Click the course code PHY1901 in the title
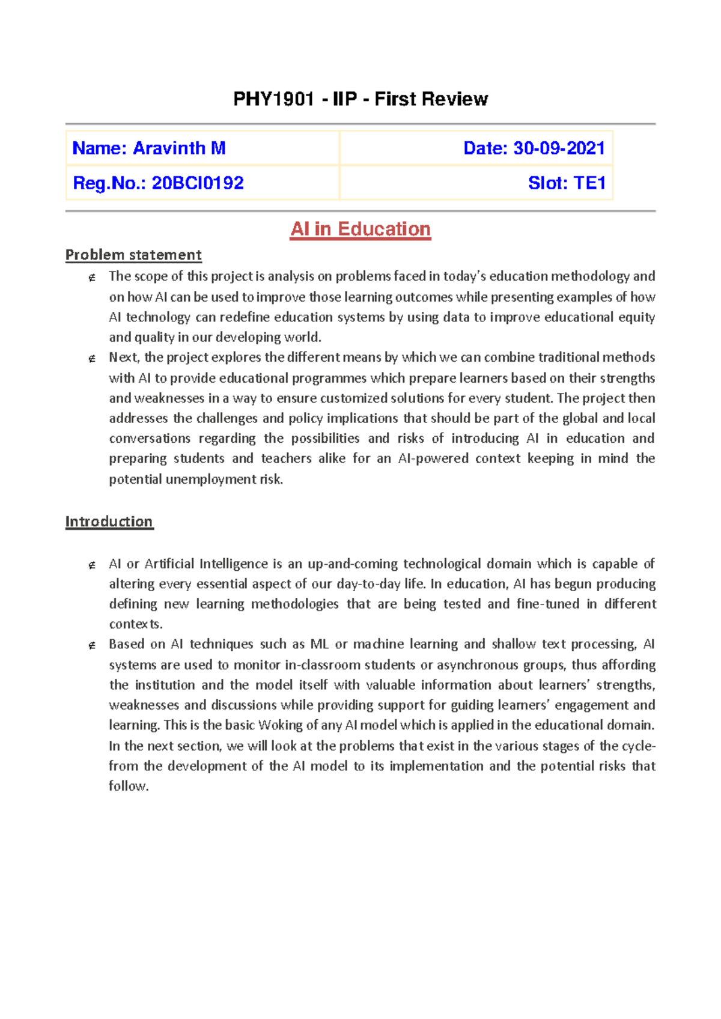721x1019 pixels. (x=273, y=99)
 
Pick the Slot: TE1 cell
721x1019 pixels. (x=567, y=183)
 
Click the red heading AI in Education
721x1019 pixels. (x=360, y=229)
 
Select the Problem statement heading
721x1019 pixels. (x=133, y=255)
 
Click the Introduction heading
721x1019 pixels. (x=109, y=522)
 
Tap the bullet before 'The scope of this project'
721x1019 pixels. (x=92, y=278)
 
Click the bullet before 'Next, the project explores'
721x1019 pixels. (x=92, y=359)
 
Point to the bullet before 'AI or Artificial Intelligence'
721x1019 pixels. (x=92, y=565)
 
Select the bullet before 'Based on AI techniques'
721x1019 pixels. (x=92, y=646)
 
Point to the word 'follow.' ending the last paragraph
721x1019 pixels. (x=129, y=786)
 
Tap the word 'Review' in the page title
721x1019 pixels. (x=460, y=99)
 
